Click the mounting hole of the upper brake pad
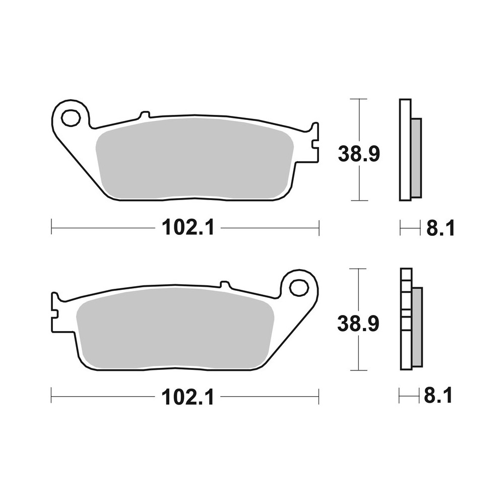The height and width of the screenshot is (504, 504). pyautogui.click(x=71, y=118)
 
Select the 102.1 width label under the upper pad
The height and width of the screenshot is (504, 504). pyautogui.click(x=188, y=228)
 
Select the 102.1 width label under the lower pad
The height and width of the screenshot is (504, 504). pyautogui.click(x=188, y=398)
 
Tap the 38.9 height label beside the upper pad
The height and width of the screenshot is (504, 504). pyautogui.click(x=358, y=154)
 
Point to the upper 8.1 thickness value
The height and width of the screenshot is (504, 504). pyautogui.click(x=440, y=228)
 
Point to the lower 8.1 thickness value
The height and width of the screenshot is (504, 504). pyautogui.click(x=438, y=397)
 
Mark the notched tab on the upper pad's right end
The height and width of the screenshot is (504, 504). pyautogui.click(x=314, y=144)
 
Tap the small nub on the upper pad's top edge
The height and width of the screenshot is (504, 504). pyautogui.click(x=144, y=114)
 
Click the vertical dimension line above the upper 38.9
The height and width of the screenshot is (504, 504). pyautogui.click(x=358, y=121)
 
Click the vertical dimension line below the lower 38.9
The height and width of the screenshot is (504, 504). pyautogui.click(x=358, y=355)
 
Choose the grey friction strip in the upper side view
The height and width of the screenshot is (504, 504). pyautogui.click(x=416, y=157)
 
